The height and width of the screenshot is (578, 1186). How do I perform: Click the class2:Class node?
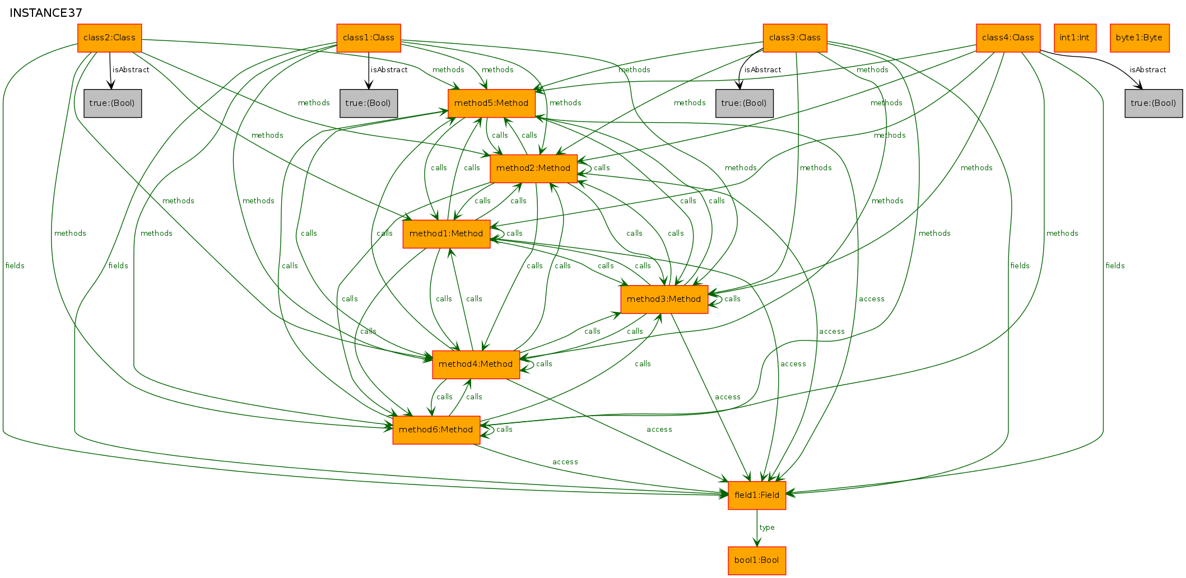click(110, 38)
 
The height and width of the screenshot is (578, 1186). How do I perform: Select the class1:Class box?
click(369, 38)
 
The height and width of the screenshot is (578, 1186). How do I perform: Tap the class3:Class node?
click(795, 38)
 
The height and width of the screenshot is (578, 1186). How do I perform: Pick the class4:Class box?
click(1008, 38)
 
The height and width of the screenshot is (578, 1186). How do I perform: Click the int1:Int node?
click(1075, 38)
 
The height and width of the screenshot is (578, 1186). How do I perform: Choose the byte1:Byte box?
click(1140, 38)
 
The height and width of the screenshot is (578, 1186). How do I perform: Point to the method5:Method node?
click(491, 104)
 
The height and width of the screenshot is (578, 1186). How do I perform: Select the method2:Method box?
click(533, 169)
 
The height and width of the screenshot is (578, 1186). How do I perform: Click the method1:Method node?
click(447, 234)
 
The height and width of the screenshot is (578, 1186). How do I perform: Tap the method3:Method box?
click(664, 300)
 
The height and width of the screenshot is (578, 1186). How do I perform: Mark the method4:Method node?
click(476, 365)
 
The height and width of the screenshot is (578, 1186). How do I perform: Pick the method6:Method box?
click(436, 430)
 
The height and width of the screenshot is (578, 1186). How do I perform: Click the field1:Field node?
click(757, 496)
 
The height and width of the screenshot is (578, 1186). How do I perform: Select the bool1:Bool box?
click(757, 561)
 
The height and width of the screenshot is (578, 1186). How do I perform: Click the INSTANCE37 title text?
click(46, 13)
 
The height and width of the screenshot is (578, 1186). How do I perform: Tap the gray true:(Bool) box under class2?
click(113, 104)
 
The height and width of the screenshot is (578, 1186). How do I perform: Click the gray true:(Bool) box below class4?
click(1154, 104)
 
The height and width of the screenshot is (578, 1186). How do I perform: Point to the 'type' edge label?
click(767, 528)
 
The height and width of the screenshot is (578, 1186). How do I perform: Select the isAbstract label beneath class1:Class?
click(389, 70)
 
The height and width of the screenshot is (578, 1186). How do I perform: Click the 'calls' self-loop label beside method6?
click(504, 430)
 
